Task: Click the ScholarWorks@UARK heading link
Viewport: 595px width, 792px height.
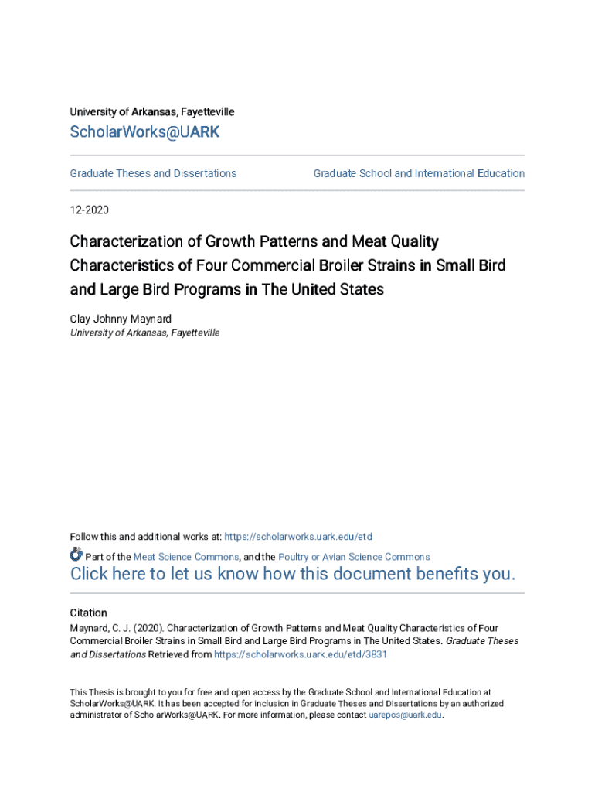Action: point(144,132)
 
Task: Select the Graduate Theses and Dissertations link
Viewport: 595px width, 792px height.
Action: point(153,173)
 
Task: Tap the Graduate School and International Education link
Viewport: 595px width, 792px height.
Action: point(419,173)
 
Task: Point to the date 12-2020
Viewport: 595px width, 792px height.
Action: point(90,210)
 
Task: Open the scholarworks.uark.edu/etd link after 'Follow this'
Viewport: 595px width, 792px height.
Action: point(299,537)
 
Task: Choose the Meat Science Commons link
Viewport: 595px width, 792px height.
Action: point(185,557)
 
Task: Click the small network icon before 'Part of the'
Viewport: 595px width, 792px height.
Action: point(76,554)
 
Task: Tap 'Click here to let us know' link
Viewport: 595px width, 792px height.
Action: point(292,575)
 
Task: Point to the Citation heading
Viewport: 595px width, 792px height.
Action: point(89,613)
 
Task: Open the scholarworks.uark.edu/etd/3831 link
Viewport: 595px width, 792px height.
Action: point(301,654)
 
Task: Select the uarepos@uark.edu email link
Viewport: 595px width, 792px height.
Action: point(406,715)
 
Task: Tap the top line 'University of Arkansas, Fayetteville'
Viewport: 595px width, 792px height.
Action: point(152,112)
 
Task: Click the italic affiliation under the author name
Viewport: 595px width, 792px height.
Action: point(144,333)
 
